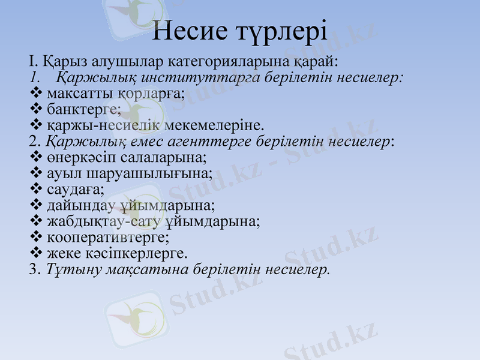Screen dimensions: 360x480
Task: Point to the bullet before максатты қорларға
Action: (x=35, y=94)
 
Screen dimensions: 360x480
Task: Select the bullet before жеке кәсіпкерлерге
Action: (x=35, y=253)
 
